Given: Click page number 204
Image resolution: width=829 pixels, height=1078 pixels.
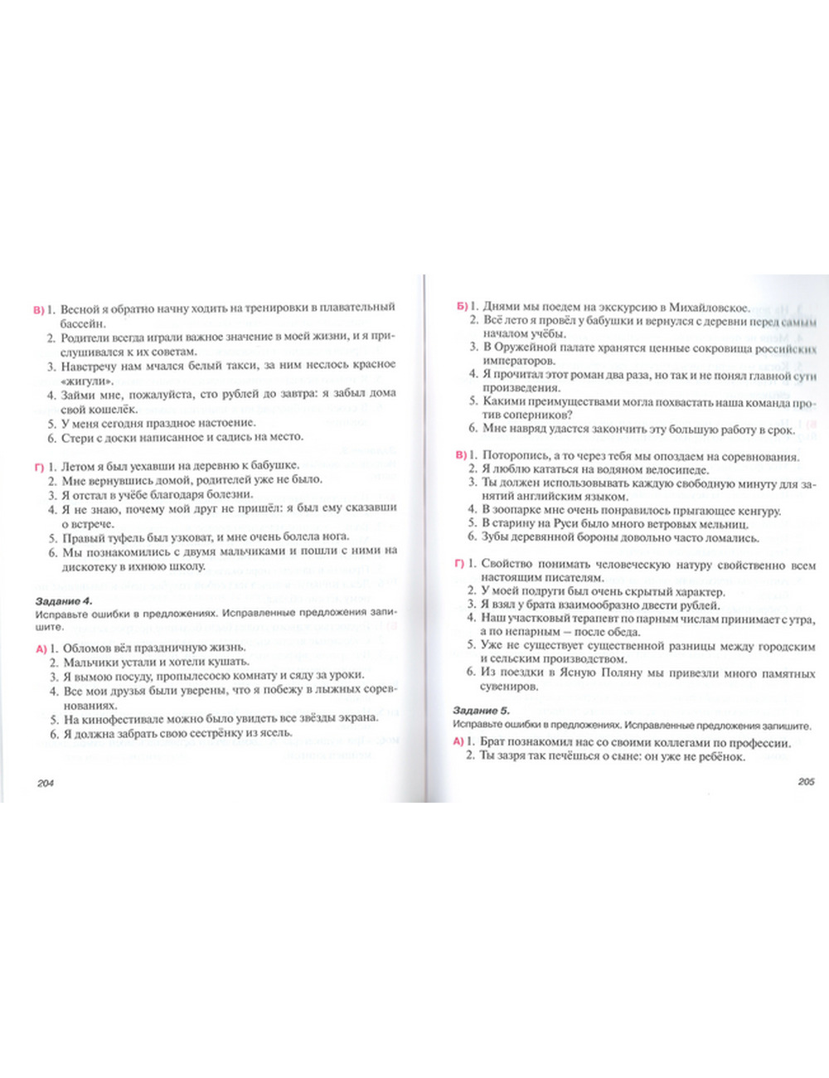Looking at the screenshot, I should pyautogui.click(x=46, y=782).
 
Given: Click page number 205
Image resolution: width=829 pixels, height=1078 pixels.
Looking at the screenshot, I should pyautogui.click(x=806, y=781).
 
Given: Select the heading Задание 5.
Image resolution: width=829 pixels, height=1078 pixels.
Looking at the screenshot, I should pyautogui.click(x=482, y=711).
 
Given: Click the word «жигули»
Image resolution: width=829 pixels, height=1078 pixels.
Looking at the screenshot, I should pyautogui.click(x=87, y=380).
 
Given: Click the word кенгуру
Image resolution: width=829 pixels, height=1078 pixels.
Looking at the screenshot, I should pyautogui.click(x=754, y=511).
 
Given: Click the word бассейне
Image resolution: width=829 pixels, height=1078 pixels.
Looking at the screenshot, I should pyautogui.click(x=84, y=322).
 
